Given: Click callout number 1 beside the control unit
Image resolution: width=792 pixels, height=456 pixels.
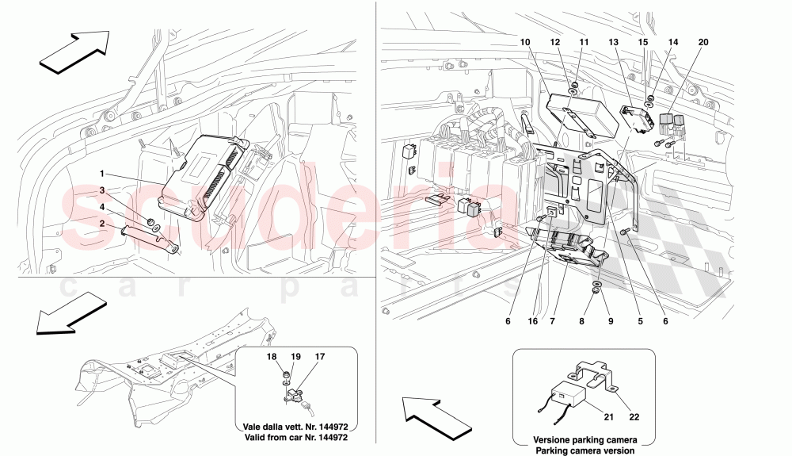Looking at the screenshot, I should [x=102, y=172].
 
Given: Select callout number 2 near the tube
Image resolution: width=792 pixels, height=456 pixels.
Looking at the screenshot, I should [x=102, y=224].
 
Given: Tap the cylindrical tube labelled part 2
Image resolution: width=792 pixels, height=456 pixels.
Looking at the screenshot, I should [x=150, y=239].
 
